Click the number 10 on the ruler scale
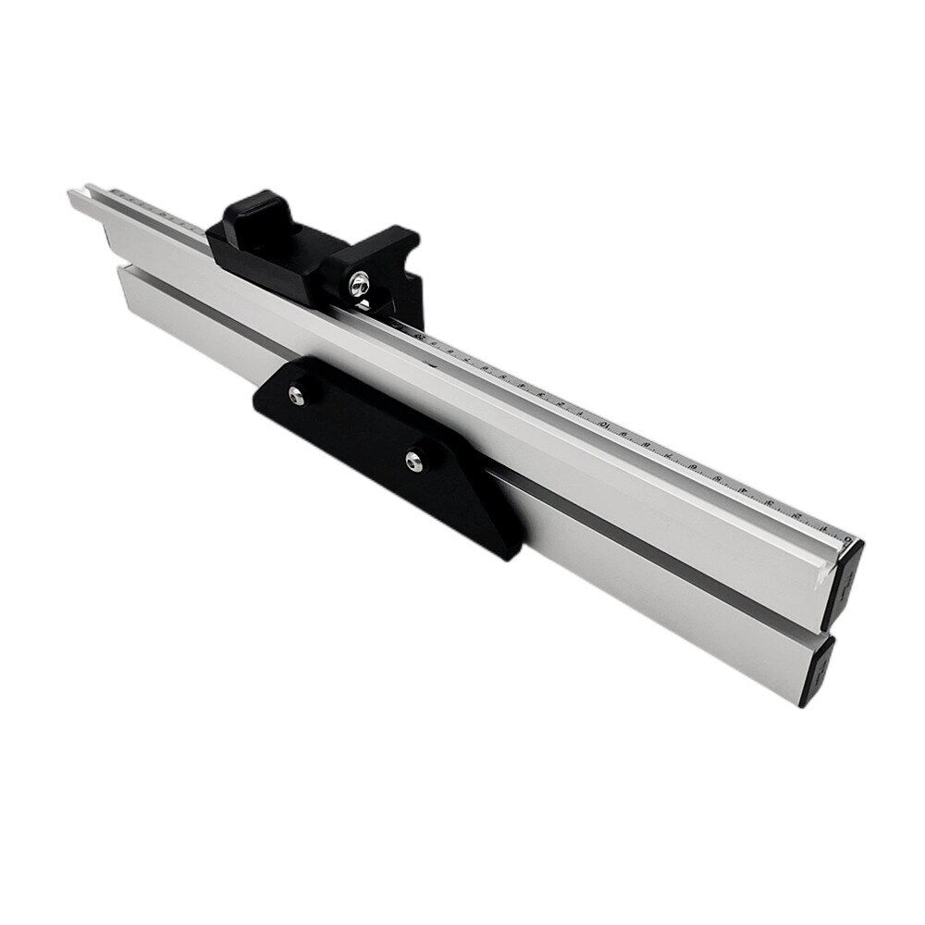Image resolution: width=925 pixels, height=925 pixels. [602, 425]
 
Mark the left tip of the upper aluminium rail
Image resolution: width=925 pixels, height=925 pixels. [74, 195]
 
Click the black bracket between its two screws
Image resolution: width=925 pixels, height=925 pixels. [356, 425]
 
